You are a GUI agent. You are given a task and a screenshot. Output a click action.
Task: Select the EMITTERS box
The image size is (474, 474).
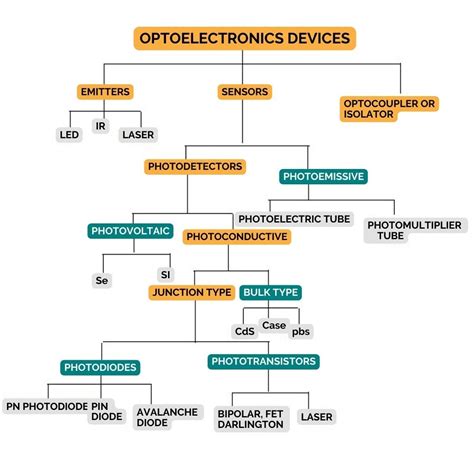pyautogui.click(x=104, y=92)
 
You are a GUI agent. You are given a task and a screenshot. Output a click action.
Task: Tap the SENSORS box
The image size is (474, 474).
pyautogui.click(x=243, y=92)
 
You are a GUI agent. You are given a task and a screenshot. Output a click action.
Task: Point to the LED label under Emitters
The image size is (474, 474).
pyautogui.click(x=68, y=134)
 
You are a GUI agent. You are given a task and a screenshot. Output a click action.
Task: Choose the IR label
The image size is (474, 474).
pyautogui.click(x=100, y=126)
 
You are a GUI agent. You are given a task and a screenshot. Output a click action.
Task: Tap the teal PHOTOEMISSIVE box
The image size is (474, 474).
pyautogui.click(x=324, y=177)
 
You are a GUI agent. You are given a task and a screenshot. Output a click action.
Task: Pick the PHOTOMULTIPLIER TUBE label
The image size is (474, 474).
pyautogui.click(x=413, y=231)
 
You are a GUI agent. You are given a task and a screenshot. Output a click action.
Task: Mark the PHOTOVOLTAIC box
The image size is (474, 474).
pyautogui.click(x=131, y=232)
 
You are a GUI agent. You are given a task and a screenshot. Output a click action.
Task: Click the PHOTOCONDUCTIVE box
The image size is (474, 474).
pyautogui.click(x=237, y=237)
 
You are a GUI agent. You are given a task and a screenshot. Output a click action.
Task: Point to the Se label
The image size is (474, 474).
pyautogui.click(x=101, y=281)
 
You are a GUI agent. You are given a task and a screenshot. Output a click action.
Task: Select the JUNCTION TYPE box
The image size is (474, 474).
pyautogui.click(x=191, y=292)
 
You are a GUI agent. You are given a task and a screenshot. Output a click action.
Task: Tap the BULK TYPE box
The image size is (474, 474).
pyautogui.click(x=270, y=292)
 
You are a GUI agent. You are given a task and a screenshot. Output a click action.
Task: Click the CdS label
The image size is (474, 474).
pyautogui.click(x=244, y=331)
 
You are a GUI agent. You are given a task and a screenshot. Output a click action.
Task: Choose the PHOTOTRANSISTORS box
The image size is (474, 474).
pyautogui.click(x=263, y=361)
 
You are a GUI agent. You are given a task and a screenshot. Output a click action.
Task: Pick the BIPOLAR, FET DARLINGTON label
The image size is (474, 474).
pyautogui.click(x=250, y=417)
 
